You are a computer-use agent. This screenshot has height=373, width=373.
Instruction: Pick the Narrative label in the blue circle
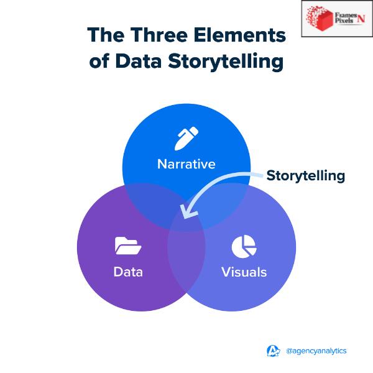(186, 164)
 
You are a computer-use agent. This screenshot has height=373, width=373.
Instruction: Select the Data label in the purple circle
(127, 272)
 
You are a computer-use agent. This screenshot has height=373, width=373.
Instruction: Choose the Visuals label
(244, 272)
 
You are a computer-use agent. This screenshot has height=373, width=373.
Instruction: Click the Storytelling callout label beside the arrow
(305, 175)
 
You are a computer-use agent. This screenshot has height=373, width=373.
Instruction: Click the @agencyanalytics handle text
(316, 351)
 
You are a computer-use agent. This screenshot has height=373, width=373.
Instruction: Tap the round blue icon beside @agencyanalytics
(274, 351)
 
